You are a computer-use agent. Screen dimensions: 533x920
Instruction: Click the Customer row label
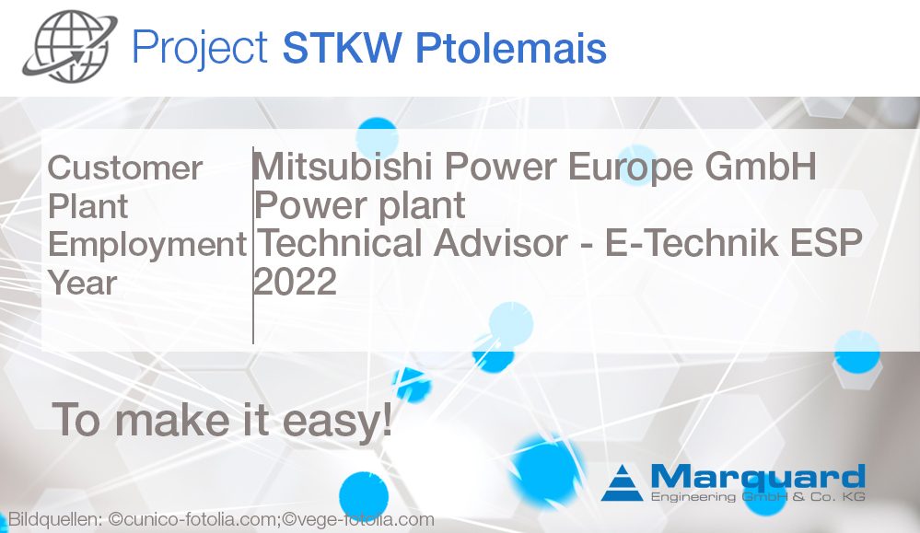point(125,168)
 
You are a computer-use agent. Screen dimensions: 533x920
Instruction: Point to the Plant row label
point(88,206)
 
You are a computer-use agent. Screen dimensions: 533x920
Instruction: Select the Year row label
point(83,284)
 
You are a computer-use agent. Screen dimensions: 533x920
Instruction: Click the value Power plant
point(360,205)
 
